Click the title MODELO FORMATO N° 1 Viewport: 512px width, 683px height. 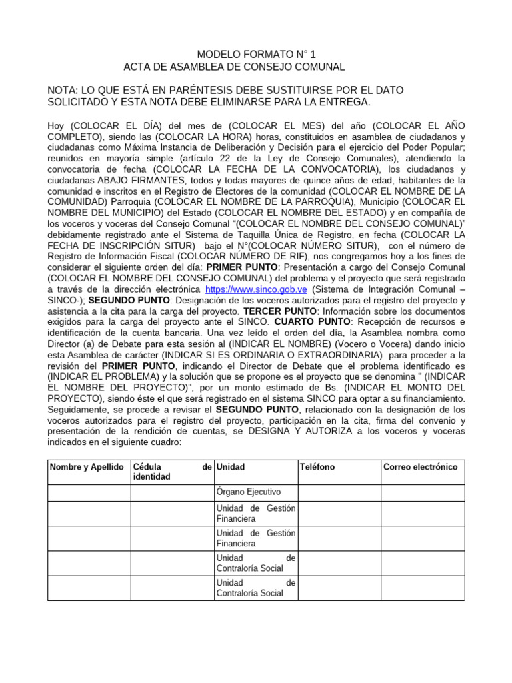click(255, 54)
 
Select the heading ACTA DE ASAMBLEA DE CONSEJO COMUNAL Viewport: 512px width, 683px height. click(234, 67)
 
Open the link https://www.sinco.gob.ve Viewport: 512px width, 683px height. click(256, 289)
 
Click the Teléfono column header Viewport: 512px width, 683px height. click(318, 467)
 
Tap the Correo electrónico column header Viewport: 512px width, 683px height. click(421, 467)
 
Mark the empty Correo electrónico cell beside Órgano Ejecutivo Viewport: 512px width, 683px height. click(422, 492)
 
